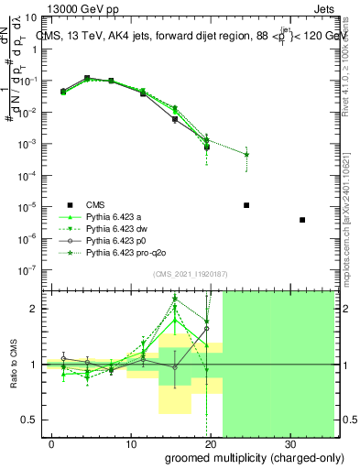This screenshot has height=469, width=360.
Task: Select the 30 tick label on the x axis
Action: coord(292,444)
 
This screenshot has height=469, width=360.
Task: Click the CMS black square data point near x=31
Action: coord(302,220)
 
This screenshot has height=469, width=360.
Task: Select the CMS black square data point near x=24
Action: coord(246,205)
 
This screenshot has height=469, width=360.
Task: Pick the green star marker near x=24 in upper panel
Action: coord(246,154)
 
